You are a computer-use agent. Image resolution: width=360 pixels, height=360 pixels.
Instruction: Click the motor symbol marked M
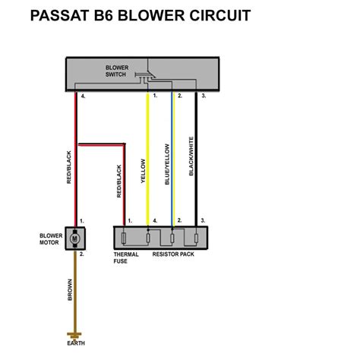74,238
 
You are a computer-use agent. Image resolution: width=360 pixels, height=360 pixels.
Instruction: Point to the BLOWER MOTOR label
51,239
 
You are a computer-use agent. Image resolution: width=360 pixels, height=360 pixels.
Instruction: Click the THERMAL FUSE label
126,258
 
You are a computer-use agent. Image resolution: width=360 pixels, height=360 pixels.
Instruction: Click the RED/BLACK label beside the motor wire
69,167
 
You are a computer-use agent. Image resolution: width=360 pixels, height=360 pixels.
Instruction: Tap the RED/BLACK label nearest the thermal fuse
118,182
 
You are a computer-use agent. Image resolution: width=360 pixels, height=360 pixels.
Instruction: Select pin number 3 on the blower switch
203,97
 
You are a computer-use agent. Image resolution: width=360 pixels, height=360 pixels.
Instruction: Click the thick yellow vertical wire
148,159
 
